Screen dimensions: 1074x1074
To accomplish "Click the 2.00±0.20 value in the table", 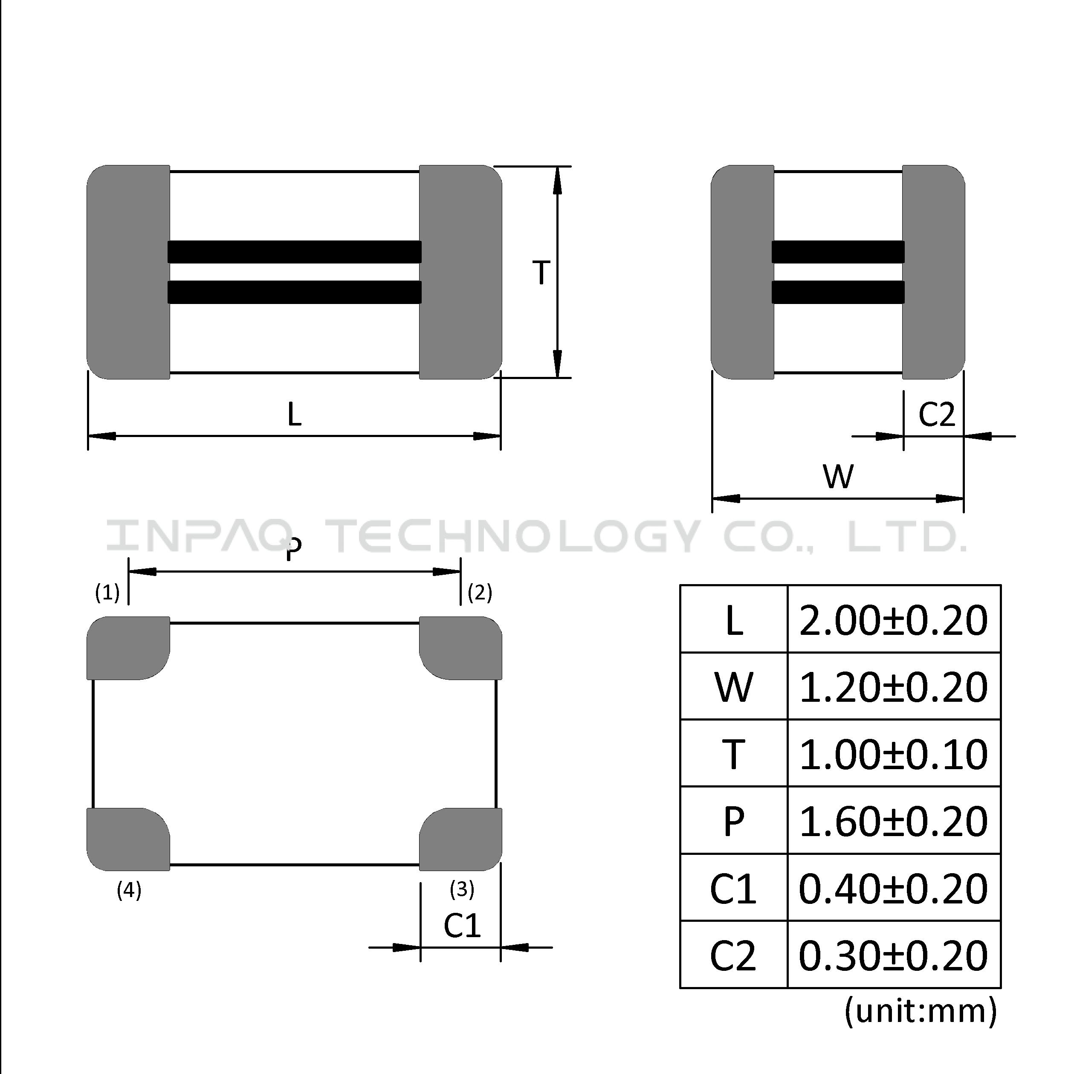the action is click(893, 620).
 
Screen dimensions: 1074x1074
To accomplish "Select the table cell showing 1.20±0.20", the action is click(893, 687).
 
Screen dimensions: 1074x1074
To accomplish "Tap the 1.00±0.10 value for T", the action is click(893, 754).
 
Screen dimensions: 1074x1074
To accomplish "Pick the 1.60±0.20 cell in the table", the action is click(893, 821).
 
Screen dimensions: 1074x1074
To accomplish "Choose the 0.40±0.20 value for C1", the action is click(893, 889).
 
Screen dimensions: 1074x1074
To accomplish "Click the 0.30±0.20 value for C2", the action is click(893, 955).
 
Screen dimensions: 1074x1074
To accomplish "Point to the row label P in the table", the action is click(734, 822).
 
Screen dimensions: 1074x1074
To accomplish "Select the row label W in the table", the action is click(734, 688).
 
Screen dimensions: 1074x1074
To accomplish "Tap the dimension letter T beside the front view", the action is click(541, 273).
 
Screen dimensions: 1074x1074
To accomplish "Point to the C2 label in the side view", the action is click(937, 414).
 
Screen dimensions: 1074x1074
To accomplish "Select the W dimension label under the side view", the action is click(838, 476).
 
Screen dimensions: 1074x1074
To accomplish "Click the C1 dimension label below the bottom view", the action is click(462, 926).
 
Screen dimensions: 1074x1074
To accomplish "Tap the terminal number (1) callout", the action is click(107, 593).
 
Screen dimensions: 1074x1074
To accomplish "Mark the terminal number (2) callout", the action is click(480, 593).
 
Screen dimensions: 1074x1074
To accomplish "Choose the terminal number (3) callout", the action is click(462, 889).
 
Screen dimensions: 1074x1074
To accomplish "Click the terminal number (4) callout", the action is click(129, 891).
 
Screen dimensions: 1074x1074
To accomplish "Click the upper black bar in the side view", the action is click(838, 252).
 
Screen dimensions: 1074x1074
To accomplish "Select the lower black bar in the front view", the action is click(295, 292).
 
